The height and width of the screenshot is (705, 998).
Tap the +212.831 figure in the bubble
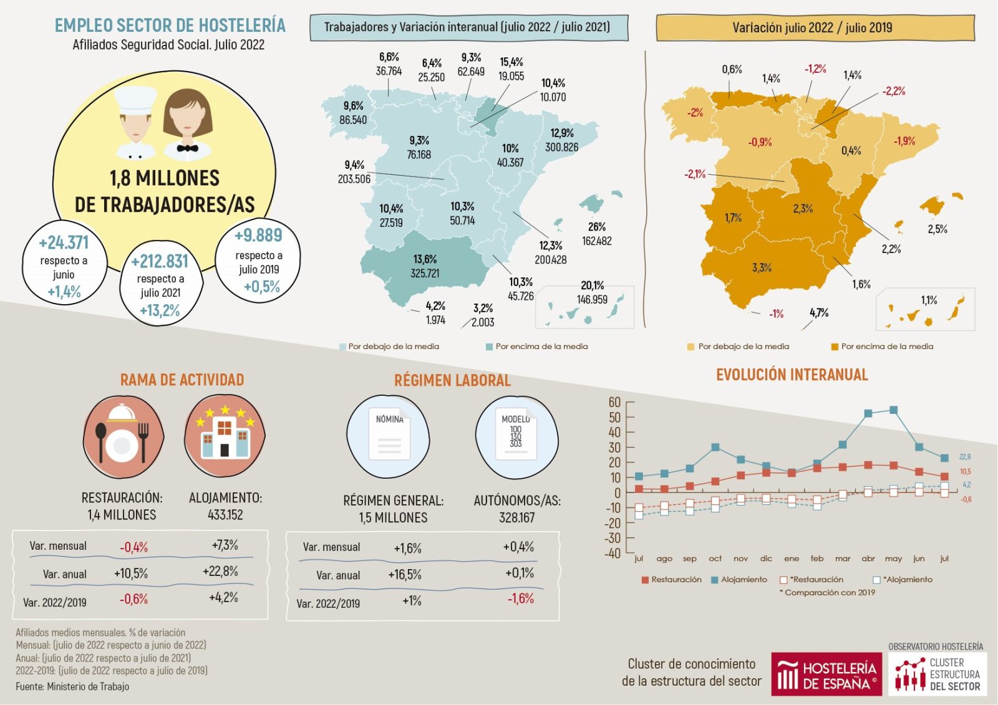160,261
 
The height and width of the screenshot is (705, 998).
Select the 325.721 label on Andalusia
425,273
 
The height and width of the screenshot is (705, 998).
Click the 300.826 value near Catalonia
561,147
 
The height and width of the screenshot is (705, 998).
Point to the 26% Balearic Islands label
596,227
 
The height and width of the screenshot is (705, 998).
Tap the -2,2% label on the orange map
893,91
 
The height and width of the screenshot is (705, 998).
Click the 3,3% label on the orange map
762,267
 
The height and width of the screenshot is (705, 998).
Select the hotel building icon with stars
225,435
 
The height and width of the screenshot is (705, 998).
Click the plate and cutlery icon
123,435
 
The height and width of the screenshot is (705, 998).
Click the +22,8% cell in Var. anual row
220,571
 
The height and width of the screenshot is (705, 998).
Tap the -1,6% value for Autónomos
520,598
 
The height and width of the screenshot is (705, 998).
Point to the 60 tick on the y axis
614,402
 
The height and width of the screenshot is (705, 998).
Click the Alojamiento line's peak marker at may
893,410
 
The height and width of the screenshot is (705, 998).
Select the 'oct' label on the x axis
715,559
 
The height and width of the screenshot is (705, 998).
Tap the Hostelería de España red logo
826,674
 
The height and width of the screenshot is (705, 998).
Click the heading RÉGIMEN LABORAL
452,380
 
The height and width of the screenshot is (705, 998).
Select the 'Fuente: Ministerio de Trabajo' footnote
72,686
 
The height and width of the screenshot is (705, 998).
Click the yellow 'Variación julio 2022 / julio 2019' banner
814,28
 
